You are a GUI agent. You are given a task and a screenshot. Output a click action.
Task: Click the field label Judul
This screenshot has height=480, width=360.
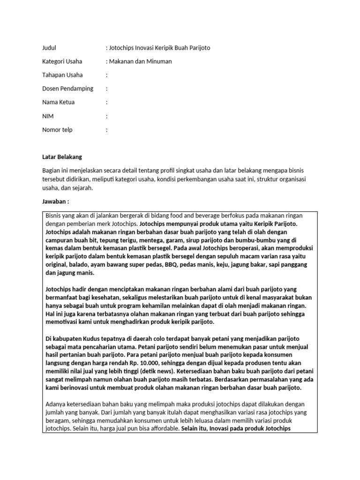coord(49,47)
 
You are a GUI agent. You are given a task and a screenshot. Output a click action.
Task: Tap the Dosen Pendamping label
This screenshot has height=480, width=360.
coord(67,88)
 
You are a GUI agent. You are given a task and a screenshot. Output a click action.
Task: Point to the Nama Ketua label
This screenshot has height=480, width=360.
coord(58,102)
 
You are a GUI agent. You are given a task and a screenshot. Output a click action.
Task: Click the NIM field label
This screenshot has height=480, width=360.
coord(47,116)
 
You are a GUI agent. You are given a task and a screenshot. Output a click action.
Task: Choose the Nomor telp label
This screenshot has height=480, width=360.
coord(58,129)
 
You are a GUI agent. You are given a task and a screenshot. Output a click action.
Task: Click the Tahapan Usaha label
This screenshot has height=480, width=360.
coord(62,75)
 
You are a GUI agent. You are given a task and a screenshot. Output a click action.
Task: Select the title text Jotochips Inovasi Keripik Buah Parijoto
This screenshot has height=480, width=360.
coord(160,47)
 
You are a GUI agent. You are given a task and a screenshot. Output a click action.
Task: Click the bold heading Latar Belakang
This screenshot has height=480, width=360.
coord(62,157)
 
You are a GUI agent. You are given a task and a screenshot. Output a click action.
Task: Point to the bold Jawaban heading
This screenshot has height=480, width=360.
coord(55,201)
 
